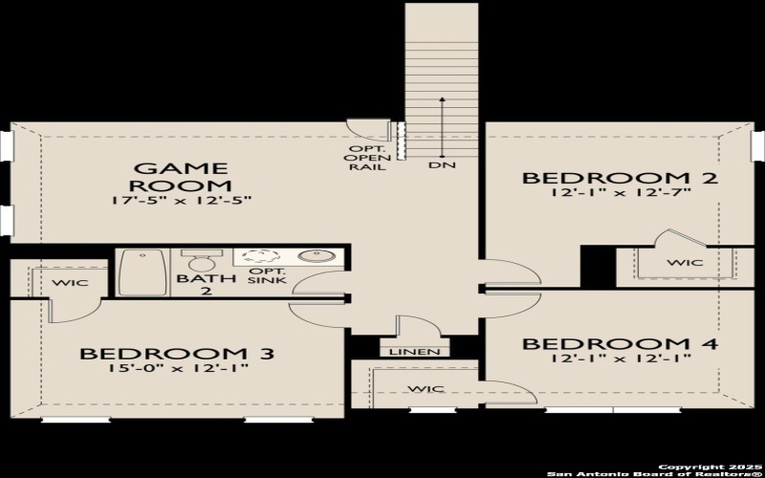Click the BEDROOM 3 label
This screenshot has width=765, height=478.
click(x=177, y=354)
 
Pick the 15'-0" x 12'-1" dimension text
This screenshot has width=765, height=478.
click(x=177, y=370)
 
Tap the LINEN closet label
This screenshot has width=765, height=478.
click(x=414, y=352)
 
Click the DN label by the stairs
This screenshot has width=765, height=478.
click(x=441, y=165)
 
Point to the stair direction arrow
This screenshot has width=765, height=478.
click(x=441, y=124)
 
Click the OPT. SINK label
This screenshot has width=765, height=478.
click(x=260, y=276)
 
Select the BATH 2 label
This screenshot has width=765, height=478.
click(x=195, y=285)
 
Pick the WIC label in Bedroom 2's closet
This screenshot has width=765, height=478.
click(x=685, y=262)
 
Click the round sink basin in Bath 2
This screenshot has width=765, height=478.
click(x=313, y=256)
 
